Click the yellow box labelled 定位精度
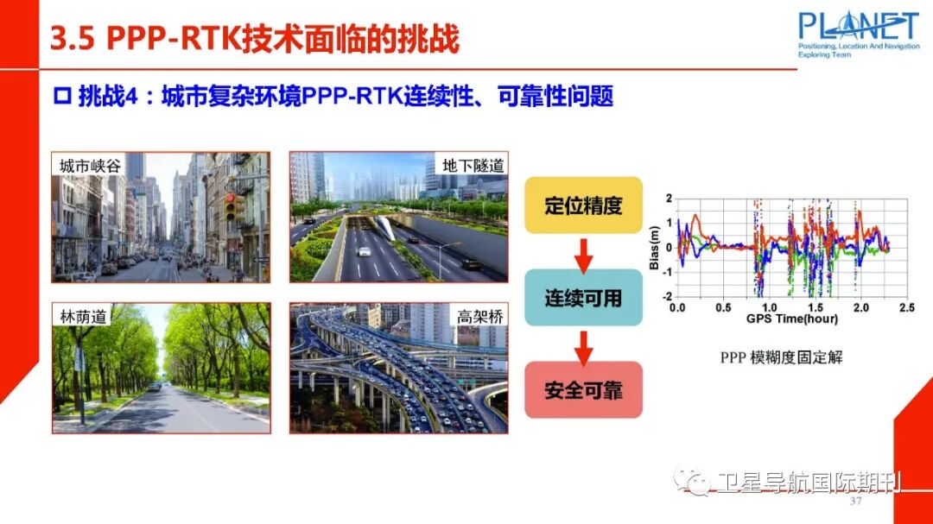coord(583,205)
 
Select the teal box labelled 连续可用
coord(583,297)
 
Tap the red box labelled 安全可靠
coord(583,389)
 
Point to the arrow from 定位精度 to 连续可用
coord(583,251)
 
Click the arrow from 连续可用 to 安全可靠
coord(583,344)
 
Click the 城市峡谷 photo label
coord(89,166)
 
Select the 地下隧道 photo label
coord(473,165)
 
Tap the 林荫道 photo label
coord(83,317)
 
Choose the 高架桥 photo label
coord(480,317)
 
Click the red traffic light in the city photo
coord(230,206)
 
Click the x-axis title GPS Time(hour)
coord(791,319)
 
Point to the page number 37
coord(857,502)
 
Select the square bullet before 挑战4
coord(61,97)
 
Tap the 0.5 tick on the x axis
coord(723,307)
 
